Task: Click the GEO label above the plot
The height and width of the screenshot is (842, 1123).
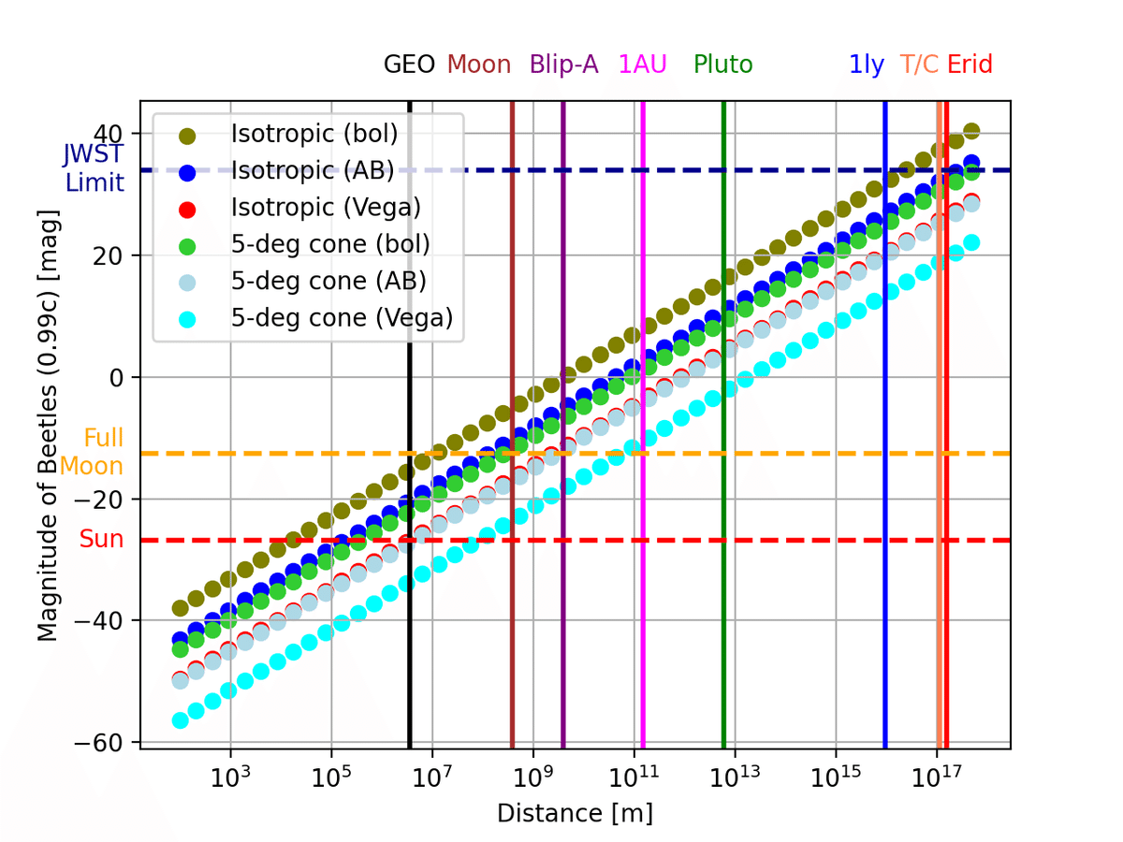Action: pyautogui.click(x=409, y=65)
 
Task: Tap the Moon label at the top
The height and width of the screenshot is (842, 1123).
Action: pyautogui.click(x=479, y=65)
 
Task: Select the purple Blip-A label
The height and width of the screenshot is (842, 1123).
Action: pyautogui.click(x=564, y=65)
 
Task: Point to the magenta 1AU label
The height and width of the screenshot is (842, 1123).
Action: pyautogui.click(x=643, y=65)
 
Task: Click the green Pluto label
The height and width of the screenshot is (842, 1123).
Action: pyautogui.click(x=723, y=65)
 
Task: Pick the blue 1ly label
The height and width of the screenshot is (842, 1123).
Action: pyautogui.click(x=867, y=65)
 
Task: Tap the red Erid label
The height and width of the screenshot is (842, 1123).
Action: pyautogui.click(x=970, y=65)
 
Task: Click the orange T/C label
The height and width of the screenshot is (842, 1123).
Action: pyautogui.click(x=920, y=65)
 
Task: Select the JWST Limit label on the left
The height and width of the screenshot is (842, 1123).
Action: pyautogui.click(x=94, y=167)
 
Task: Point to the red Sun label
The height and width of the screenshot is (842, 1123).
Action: pyautogui.click(x=101, y=539)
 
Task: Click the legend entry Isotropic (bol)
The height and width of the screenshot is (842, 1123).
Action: pyautogui.click(x=314, y=134)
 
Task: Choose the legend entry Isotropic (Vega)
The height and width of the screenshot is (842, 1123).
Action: pyautogui.click(x=326, y=207)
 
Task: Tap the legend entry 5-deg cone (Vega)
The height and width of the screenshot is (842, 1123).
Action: pyautogui.click(x=342, y=318)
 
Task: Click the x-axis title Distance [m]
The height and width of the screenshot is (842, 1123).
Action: pyautogui.click(x=575, y=813)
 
